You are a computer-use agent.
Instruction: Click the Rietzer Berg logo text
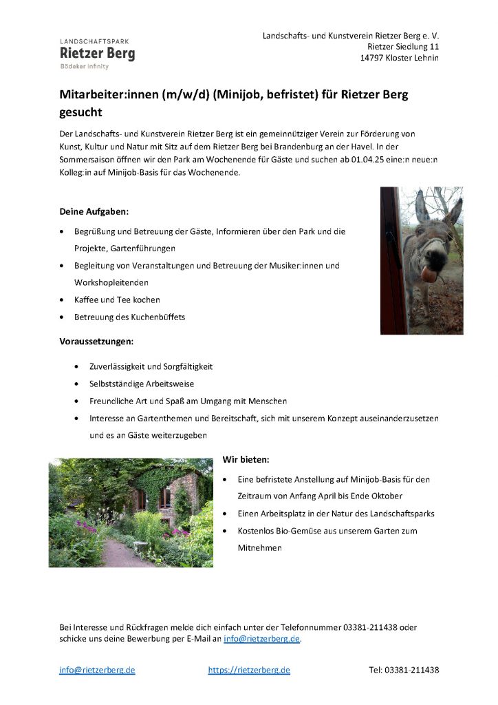point(97,53)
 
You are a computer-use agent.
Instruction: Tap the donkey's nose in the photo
point(429,273)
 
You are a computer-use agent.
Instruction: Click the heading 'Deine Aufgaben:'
point(94,211)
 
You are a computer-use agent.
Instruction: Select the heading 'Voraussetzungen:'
point(96,341)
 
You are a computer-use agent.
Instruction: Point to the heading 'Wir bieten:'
point(246,459)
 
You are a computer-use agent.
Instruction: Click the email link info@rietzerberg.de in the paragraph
point(262,639)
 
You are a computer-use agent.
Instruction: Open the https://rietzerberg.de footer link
point(249,670)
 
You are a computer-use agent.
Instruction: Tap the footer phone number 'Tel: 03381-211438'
point(404,670)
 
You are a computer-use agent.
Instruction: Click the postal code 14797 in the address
point(373,58)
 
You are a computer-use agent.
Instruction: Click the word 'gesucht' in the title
point(80,112)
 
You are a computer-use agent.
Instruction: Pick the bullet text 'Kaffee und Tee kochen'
point(117,299)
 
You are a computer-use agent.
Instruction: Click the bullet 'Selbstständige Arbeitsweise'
point(142,383)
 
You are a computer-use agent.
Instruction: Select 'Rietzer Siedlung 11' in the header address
point(403,46)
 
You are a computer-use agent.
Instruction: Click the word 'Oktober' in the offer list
point(387,496)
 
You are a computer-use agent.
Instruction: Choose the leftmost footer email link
point(97,670)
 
